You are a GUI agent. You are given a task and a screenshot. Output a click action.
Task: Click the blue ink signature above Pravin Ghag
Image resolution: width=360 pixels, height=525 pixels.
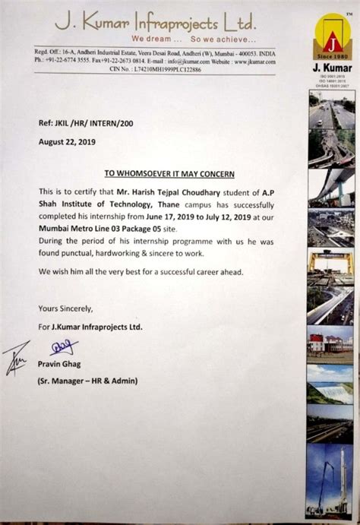tap(64, 347)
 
